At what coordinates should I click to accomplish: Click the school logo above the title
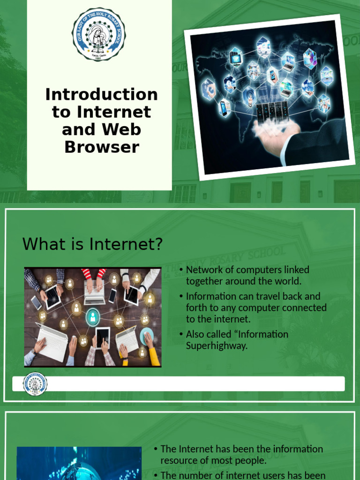[x=98, y=34]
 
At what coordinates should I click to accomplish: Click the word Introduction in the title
[x=101, y=94]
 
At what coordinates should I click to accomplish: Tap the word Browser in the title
[x=101, y=147]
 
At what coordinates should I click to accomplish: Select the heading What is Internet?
[x=92, y=244]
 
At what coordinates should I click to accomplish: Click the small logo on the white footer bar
[x=35, y=383]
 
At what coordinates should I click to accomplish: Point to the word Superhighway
[x=217, y=346]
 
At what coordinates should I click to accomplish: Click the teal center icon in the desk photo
[x=93, y=317]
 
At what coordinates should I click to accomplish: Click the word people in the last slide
[x=250, y=461]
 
